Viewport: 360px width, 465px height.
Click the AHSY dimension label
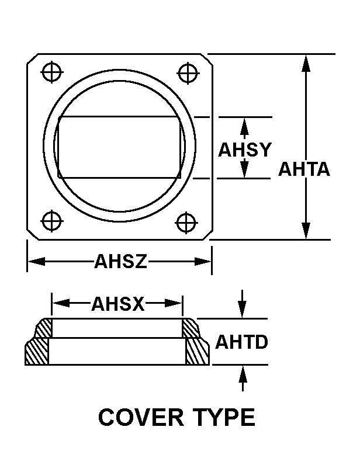(x=245, y=150)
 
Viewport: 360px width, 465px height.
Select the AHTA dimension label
(x=304, y=169)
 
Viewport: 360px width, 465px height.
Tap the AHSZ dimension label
(x=120, y=262)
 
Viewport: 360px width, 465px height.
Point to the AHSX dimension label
(x=117, y=304)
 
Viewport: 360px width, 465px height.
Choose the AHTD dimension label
(x=242, y=342)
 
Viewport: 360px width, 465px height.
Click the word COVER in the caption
(x=136, y=418)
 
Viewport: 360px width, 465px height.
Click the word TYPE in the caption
(x=223, y=418)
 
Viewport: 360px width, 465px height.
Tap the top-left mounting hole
(x=52, y=72)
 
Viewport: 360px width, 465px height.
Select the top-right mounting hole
(x=187, y=74)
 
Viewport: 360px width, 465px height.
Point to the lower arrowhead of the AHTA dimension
(x=305, y=230)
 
